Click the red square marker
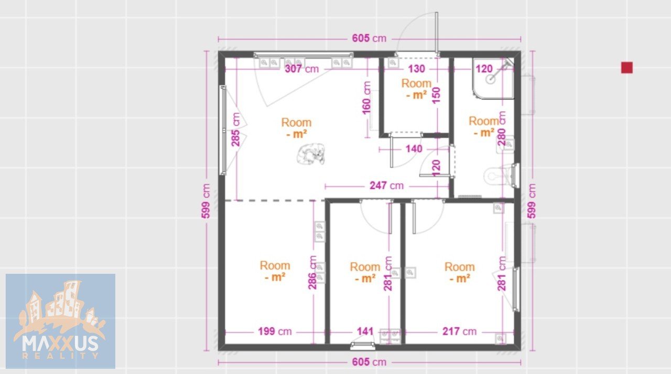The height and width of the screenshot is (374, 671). (626, 68)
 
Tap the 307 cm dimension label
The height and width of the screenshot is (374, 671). (301, 69)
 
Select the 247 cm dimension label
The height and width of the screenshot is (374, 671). (386, 186)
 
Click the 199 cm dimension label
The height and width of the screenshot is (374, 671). (275, 332)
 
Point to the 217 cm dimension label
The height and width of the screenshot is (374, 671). (459, 332)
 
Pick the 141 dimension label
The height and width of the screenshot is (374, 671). (365, 332)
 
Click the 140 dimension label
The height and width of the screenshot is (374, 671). (414, 149)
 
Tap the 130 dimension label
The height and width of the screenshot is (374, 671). (416, 69)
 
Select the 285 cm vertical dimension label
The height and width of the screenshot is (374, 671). (236, 130)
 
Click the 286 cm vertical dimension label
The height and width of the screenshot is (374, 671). (312, 272)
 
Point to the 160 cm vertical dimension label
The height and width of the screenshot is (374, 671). (366, 98)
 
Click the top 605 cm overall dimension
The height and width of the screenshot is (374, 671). (369, 38)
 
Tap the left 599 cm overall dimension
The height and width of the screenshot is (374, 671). (206, 201)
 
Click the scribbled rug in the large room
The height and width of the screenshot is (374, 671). (311, 154)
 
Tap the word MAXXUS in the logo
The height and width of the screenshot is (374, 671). (60, 344)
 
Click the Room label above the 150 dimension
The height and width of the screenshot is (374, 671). (416, 83)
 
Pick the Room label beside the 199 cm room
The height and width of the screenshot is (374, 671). (275, 265)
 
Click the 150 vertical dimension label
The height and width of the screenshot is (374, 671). (437, 95)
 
